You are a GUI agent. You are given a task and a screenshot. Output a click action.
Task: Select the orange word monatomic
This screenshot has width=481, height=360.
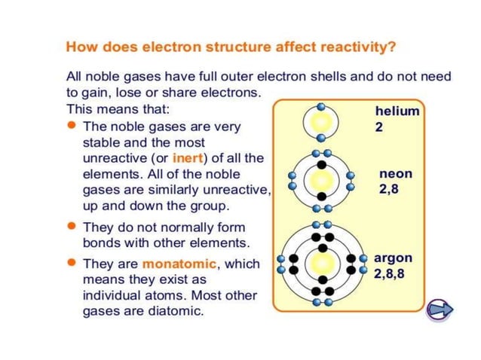point(179,264)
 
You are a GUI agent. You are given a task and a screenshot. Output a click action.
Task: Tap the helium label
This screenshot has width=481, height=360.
point(397,111)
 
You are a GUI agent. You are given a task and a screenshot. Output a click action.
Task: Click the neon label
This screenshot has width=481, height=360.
point(396,174)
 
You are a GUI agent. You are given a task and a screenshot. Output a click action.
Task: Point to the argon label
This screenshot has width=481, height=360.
point(393,258)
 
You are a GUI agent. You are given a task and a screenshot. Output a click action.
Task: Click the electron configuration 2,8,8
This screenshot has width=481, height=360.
point(389,273)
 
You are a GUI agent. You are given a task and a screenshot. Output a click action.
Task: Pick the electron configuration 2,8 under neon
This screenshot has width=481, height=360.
point(389,190)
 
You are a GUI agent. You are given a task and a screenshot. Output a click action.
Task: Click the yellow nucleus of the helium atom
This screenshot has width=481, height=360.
point(322,122)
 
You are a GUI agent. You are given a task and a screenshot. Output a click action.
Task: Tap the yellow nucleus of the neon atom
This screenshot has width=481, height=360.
point(322,181)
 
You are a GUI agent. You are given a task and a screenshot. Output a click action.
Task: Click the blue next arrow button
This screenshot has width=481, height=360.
point(438,310)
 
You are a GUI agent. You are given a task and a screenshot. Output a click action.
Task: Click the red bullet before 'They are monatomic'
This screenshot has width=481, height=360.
point(72,264)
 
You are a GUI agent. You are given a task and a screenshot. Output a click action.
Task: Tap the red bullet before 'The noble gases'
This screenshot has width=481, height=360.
point(72,127)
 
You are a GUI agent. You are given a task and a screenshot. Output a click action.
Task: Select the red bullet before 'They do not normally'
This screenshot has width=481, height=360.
point(72,227)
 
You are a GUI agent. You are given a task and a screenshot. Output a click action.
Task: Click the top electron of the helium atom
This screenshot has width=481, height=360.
point(322,106)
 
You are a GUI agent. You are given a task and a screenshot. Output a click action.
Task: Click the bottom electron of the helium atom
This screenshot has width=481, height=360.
point(322,138)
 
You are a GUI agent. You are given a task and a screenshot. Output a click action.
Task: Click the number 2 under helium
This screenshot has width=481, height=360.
point(378,127)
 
